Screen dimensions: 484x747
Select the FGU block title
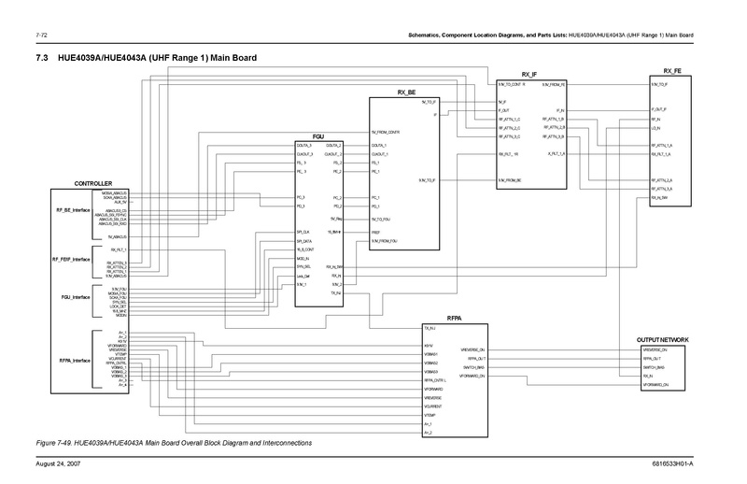pyautogui.click(x=318, y=137)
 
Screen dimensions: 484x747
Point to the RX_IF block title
pyautogui.click(x=530, y=72)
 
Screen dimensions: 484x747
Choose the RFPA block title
pyautogui.click(x=455, y=319)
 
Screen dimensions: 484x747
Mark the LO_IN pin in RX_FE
pyautogui.click(x=656, y=127)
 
